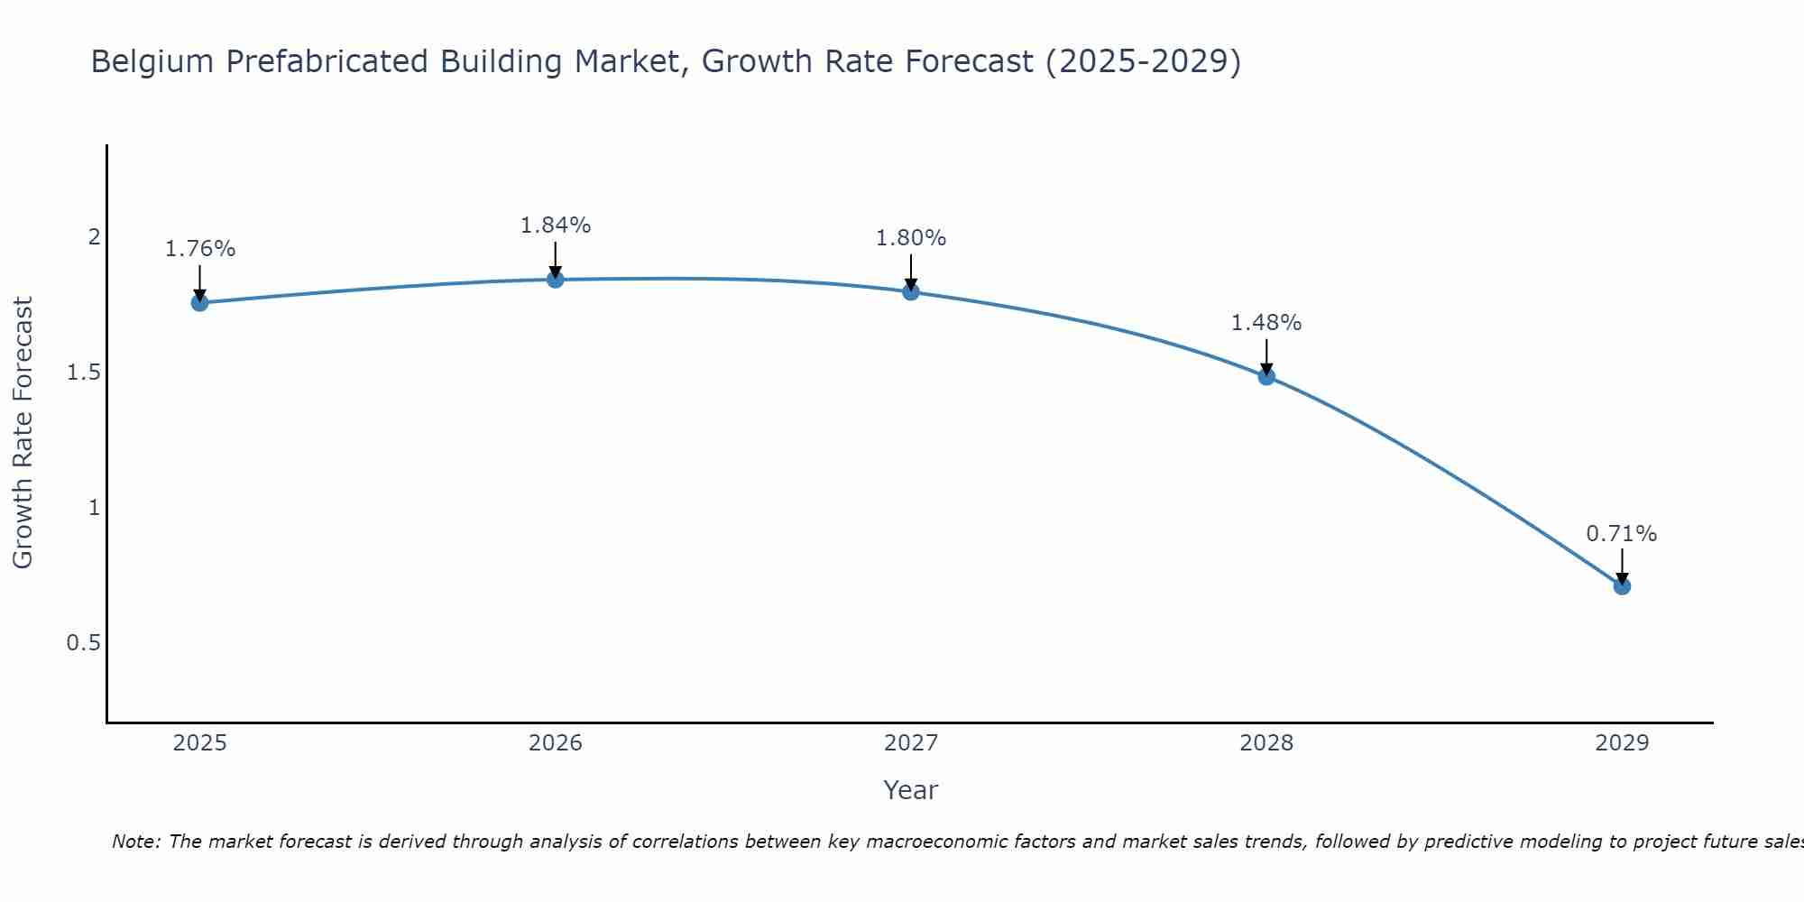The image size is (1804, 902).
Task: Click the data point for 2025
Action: [199, 303]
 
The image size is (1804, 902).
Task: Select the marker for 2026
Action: [556, 280]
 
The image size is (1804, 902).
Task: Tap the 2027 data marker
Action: [911, 291]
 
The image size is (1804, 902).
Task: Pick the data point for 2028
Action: [1266, 377]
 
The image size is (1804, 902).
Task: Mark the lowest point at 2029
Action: [1622, 586]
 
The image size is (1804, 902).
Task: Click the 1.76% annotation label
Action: [199, 249]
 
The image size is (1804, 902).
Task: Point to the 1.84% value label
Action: [556, 225]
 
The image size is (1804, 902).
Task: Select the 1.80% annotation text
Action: [911, 238]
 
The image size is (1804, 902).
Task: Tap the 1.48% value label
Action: [1266, 323]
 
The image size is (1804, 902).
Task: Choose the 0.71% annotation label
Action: [1622, 534]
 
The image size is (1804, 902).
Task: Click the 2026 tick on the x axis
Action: [556, 743]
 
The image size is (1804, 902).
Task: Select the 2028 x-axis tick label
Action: [1266, 743]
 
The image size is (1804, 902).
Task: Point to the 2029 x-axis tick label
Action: [1622, 743]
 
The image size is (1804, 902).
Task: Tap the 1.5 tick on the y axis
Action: [83, 373]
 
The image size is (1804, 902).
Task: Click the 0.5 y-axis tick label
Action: [83, 643]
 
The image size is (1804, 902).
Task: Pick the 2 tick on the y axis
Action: [93, 237]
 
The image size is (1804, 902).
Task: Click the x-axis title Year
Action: [911, 790]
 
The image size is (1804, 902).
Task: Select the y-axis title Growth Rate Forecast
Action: [23, 433]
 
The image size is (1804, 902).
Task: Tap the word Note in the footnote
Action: [135, 842]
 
